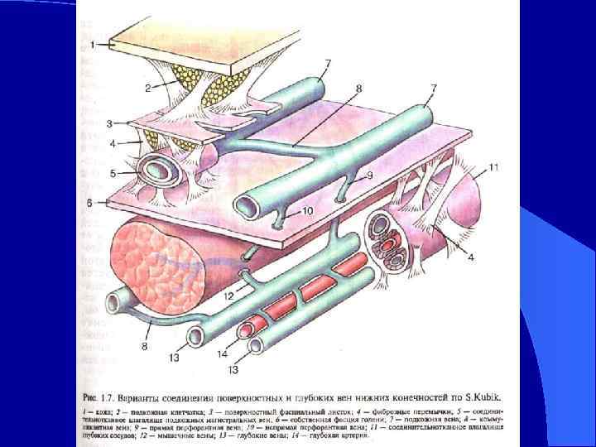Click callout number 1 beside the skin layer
coord(94,42)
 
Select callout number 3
coord(110,124)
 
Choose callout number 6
coord(99,201)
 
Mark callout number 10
coord(307,212)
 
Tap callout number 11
coord(494,169)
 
